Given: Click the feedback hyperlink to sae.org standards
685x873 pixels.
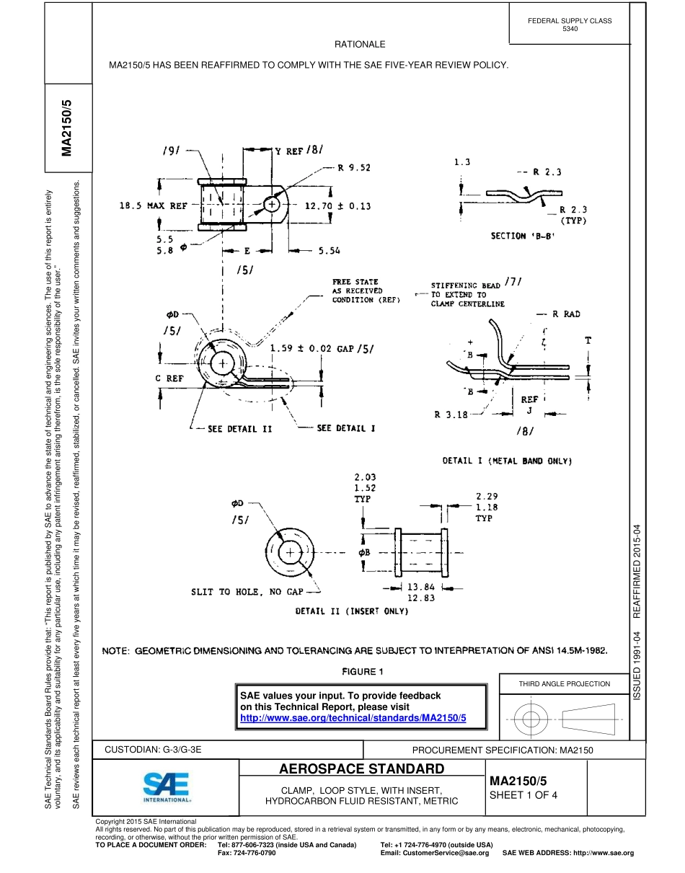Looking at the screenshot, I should coord(353,718).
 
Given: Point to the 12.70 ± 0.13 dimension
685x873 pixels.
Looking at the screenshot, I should coord(337,206).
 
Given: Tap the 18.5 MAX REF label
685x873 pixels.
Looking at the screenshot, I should coord(153,206).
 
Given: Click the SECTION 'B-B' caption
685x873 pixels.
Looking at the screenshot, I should coord(523,236).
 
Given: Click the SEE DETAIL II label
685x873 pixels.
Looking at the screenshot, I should coord(239,429).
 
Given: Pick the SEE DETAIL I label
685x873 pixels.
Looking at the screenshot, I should coord(346,428).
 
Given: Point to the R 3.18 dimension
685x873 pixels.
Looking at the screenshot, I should coord(451,415).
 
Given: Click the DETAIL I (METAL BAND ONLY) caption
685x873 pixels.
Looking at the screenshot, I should coord(507,461).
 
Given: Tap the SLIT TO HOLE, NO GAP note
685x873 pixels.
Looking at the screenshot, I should coord(247,592).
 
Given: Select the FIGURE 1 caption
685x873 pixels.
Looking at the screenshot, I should coord(363,672).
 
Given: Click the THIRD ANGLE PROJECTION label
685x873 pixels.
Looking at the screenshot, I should coord(564,683).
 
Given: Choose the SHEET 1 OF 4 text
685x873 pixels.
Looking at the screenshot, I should coord(523,796).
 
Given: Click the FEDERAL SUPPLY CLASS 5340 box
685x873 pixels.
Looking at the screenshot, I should coord(570,25).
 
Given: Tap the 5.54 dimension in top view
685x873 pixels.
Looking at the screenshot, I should coord(329,251).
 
